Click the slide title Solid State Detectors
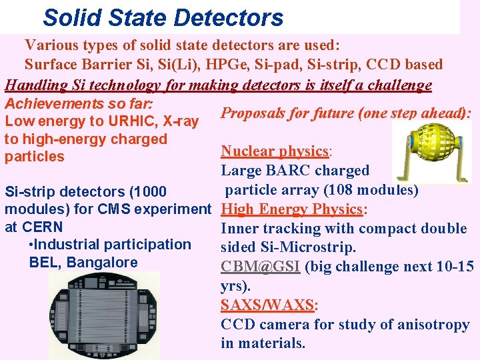point(163,17)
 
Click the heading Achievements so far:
point(79,104)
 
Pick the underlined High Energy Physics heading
point(291,209)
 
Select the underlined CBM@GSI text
point(261,267)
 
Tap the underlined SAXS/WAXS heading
point(268,305)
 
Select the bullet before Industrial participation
point(33,245)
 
